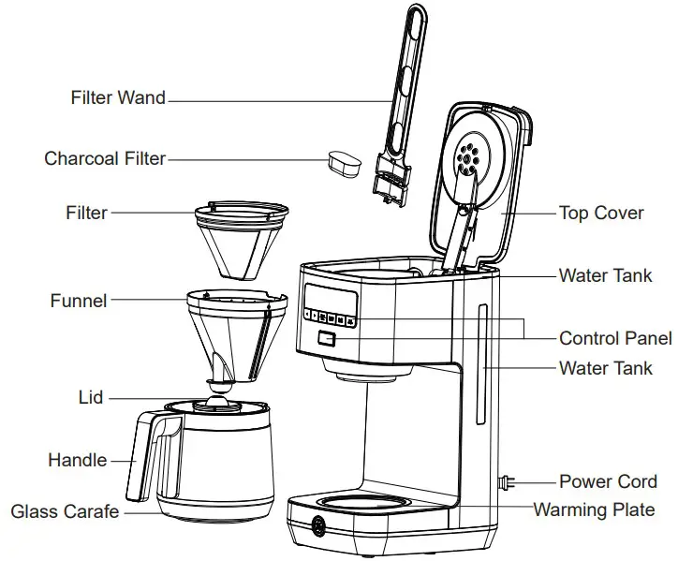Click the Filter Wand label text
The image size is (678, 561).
tap(118, 97)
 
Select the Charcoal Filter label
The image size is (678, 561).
tap(105, 158)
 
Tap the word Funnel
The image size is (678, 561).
tap(79, 301)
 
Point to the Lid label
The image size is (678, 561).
tap(91, 398)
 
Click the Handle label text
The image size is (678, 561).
tap(77, 460)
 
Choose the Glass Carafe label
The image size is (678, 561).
tap(66, 511)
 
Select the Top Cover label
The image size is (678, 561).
tap(601, 213)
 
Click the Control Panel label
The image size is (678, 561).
tap(615, 338)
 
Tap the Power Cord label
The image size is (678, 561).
tap(608, 482)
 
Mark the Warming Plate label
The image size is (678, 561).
tap(594, 510)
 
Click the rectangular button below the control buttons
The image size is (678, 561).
tap(326, 339)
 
